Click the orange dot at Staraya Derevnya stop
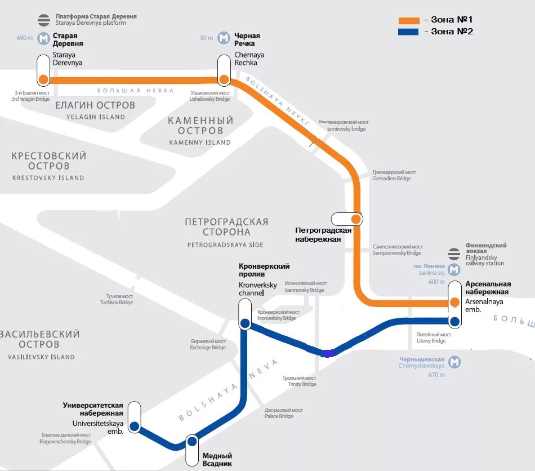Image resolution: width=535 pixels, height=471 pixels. (x=43, y=79)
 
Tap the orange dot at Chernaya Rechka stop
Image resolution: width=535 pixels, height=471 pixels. (x=224, y=79)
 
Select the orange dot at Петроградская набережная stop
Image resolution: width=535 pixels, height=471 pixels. (x=356, y=219)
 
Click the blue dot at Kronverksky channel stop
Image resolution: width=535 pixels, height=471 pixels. (x=245, y=323)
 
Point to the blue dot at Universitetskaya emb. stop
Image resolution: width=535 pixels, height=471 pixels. (x=134, y=426)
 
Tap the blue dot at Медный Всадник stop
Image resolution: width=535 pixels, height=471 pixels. (x=192, y=441)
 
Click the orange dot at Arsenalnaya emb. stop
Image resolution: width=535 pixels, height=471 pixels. (x=455, y=303)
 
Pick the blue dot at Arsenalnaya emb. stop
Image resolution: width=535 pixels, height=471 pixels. (x=455, y=322)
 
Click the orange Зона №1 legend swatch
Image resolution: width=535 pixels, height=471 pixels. (x=409, y=20)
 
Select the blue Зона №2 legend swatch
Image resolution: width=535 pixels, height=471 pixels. (x=409, y=32)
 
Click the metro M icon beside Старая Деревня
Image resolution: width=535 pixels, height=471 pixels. (x=43, y=38)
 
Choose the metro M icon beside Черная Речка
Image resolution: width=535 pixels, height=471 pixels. (x=224, y=38)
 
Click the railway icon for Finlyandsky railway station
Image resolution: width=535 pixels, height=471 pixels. (x=454, y=254)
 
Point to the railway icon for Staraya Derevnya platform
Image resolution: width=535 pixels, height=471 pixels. (x=43, y=20)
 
